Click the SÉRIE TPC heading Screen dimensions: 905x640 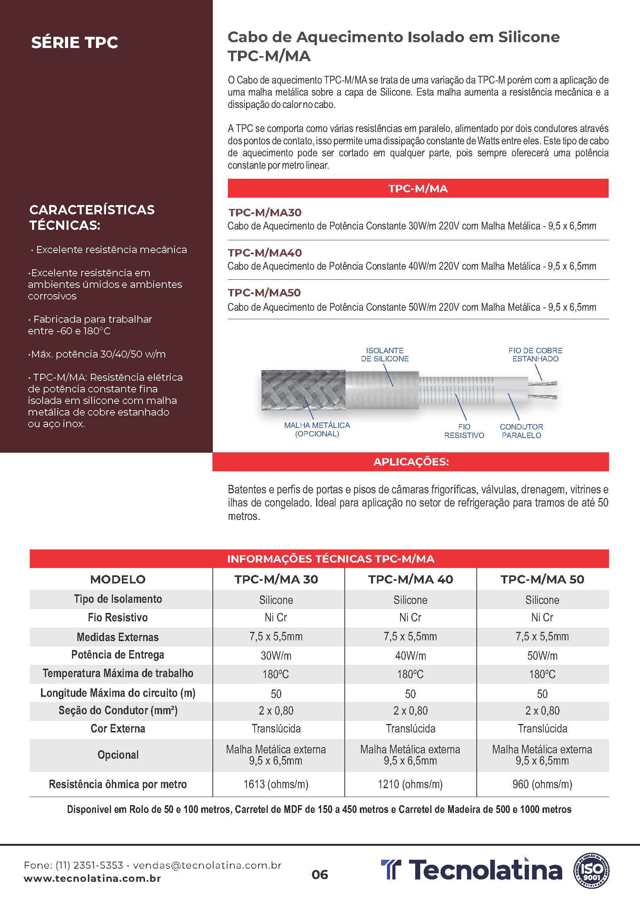[74, 43]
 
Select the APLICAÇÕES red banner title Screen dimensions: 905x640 [411, 462]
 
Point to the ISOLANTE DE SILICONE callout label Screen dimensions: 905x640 [385, 354]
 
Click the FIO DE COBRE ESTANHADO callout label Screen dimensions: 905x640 [535, 354]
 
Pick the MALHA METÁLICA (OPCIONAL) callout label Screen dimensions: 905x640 [317, 429]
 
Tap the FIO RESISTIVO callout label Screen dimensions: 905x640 [464, 431]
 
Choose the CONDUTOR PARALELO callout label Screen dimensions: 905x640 [521, 431]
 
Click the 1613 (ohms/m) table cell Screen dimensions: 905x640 [276, 784]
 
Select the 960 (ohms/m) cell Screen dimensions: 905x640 [542, 784]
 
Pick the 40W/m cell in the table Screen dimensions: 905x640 [410, 656]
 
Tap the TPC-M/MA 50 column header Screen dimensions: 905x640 [542, 579]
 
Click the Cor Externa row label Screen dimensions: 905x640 [118, 729]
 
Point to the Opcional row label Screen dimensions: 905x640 [118, 755]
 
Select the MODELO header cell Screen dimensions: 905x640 [118, 579]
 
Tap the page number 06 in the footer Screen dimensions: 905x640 [320, 875]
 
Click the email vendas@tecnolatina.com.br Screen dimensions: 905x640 [207, 866]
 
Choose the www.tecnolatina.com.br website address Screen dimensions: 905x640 [92, 879]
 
